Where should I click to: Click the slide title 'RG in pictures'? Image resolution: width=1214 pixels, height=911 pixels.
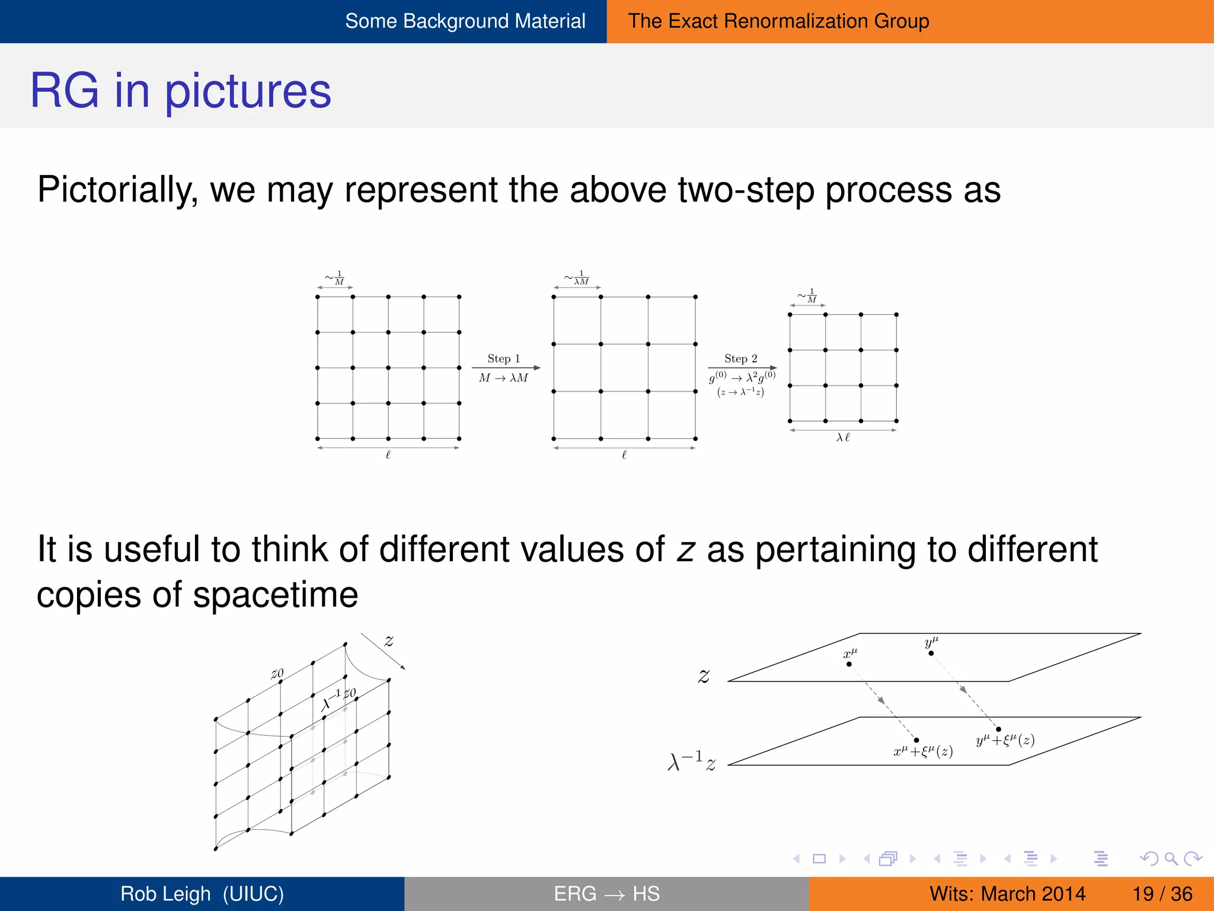[180, 91]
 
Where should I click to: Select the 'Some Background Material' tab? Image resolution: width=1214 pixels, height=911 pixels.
[465, 21]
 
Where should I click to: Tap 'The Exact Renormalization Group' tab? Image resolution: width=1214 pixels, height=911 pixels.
[778, 21]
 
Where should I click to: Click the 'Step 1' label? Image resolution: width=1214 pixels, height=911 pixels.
[503, 358]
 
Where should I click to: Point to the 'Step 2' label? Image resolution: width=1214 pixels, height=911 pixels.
[740, 358]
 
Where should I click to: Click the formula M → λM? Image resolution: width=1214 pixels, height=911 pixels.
[503, 378]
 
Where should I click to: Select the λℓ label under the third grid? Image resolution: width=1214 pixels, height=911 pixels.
[842, 438]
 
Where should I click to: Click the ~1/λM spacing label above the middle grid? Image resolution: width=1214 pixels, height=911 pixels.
[577, 278]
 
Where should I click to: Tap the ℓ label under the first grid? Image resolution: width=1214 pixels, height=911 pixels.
[388, 455]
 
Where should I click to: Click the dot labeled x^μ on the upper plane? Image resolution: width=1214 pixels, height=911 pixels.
[849, 664]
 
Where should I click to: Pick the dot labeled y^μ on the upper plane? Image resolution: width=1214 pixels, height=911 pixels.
[931, 653]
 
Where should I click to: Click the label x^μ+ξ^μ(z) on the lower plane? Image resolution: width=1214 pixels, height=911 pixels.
[923, 751]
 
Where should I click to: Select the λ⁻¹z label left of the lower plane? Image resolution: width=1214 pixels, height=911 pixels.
[691, 761]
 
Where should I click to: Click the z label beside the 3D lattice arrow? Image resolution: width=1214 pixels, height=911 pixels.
[389, 641]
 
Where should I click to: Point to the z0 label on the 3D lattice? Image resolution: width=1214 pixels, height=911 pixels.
[277, 673]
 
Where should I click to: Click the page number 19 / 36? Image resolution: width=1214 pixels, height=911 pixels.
[1162, 894]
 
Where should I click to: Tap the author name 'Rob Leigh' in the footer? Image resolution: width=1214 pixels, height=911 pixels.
[165, 894]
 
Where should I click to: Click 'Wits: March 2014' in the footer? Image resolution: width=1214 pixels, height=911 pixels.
[1007, 894]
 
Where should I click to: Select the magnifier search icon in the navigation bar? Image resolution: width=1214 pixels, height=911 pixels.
[1171, 858]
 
